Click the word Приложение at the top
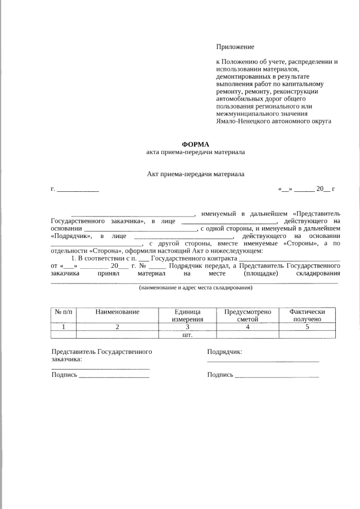[x=235, y=47]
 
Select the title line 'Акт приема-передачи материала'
[x=195, y=174]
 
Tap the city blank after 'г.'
[x=78, y=189]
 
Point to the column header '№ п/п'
[x=63, y=312]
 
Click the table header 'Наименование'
[x=117, y=312]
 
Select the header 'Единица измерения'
[x=187, y=315]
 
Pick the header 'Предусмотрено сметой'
[x=247, y=315]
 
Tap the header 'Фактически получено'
[x=307, y=315]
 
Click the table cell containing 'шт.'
[x=187, y=335]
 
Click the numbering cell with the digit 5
[x=307, y=327]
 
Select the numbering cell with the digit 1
[x=63, y=327]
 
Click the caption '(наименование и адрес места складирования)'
[x=195, y=287]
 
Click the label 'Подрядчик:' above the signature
[x=224, y=352]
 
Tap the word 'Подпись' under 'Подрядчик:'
[x=220, y=375]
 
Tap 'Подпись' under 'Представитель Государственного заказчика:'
[x=64, y=375]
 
